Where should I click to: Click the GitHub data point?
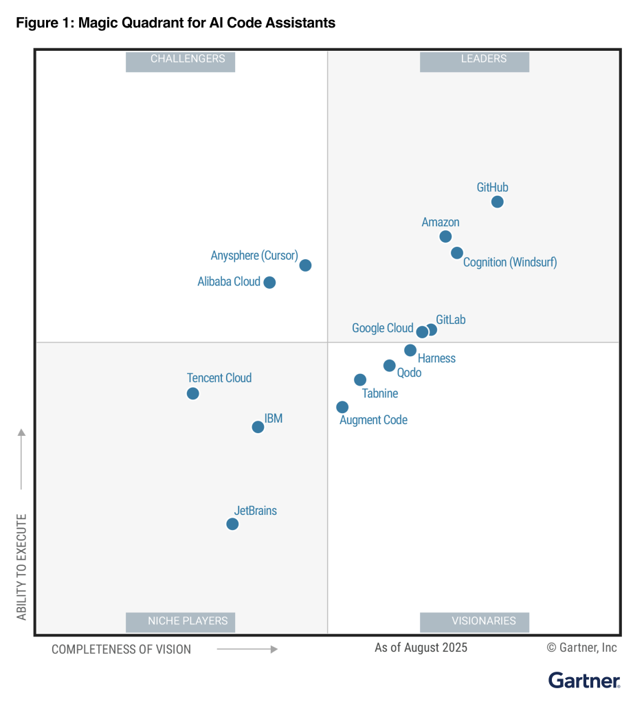[x=497, y=201]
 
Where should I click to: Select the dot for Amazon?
[x=445, y=236]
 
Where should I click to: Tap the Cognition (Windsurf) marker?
[x=457, y=253]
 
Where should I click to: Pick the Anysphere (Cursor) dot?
[x=305, y=265]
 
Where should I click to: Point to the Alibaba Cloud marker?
[x=269, y=283]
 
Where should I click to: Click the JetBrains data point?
[x=232, y=524]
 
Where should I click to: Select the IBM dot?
[x=258, y=427]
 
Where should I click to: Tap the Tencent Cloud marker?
[x=193, y=393]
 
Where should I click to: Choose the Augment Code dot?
[x=342, y=407]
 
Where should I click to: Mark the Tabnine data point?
[x=360, y=379]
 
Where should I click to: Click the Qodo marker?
[x=390, y=366]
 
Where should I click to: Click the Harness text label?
[x=436, y=358]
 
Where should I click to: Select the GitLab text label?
[x=451, y=320]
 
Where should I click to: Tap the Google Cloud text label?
[x=382, y=328]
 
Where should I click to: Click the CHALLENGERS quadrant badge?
[x=180, y=60]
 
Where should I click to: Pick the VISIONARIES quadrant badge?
[x=474, y=621]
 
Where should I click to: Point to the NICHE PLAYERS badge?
[x=180, y=621]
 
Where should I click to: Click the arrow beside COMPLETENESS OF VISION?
[x=247, y=648]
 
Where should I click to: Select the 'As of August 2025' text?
[x=421, y=648]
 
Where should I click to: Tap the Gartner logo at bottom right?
[x=584, y=681]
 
